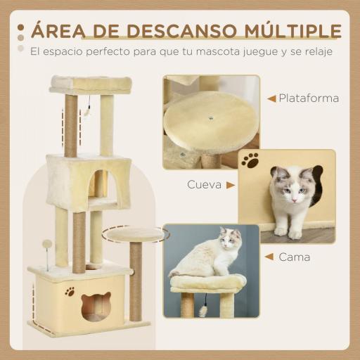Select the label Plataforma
pos(309,98)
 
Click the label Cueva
pos(201,186)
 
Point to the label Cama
pos(295,257)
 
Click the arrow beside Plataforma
pos(271,98)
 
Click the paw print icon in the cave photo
pos(250,160)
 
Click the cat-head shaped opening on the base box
pos(96,306)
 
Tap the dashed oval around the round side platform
pos(135,233)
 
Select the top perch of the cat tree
pos(91,84)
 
